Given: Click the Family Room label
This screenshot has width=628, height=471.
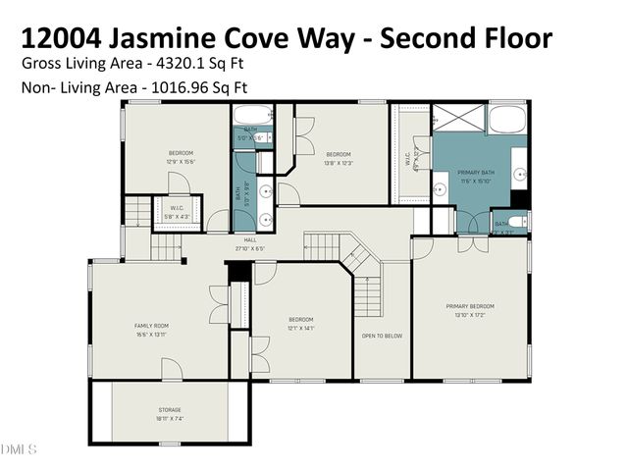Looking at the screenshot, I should [152, 325].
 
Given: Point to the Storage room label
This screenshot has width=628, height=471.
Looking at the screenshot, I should [170, 410].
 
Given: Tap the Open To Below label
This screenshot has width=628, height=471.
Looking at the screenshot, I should [382, 336].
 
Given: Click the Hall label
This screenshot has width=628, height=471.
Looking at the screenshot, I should [250, 239].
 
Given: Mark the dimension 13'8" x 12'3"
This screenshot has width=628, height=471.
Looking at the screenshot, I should [339, 162].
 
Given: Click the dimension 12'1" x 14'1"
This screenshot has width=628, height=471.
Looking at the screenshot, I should [300, 328].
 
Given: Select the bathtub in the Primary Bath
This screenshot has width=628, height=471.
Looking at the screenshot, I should [507, 121].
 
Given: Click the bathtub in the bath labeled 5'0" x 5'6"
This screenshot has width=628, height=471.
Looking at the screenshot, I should [250, 112].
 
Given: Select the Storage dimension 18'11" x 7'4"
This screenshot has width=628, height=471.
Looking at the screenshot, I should [170, 419].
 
